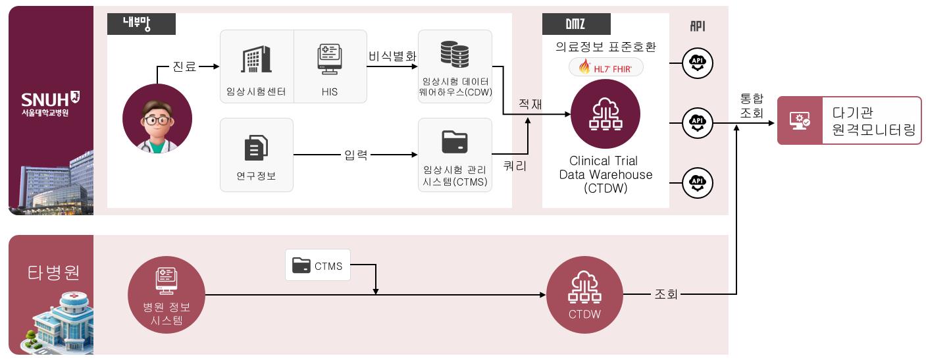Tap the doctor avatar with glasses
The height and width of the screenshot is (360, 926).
click(x=157, y=118)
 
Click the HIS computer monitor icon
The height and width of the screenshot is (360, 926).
click(x=329, y=59)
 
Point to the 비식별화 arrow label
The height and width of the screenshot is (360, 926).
click(x=392, y=57)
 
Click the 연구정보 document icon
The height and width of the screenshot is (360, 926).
click(x=256, y=147)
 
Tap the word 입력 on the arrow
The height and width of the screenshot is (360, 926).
click(x=356, y=155)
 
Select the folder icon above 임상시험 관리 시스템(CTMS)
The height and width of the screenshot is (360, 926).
click(x=455, y=141)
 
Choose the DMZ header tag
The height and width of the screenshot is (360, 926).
click(x=576, y=24)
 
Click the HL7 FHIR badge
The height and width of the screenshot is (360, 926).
click(x=605, y=67)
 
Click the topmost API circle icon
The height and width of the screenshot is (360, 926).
click(x=697, y=63)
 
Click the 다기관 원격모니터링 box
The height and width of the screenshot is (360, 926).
click(x=849, y=120)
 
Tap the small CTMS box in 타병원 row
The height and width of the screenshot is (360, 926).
click(x=318, y=265)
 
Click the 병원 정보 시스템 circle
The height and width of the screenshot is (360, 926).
click(x=167, y=294)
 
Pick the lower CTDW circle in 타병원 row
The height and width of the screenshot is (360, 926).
click(x=584, y=294)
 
